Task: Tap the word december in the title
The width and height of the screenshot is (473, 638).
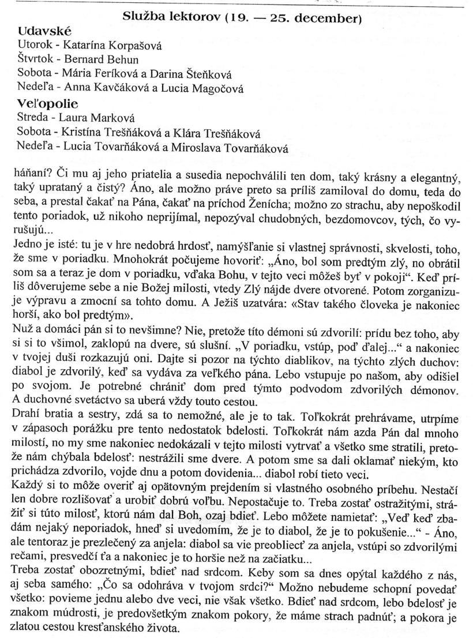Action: pos(328,18)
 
